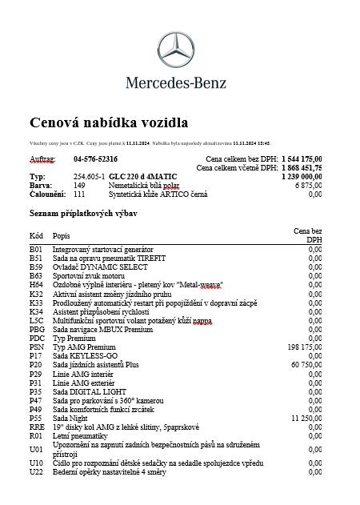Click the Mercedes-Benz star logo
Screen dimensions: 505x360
click(x=176, y=50)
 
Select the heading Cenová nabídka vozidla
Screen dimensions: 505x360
click(x=109, y=122)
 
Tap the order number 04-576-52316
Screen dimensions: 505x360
click(x=95, y=159)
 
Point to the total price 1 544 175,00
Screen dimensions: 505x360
click(x=302, y=159)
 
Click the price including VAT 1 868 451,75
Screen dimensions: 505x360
click(x=302, y=168)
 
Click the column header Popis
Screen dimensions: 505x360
click(x=61, y=236)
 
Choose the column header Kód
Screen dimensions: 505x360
click(x=36, y=236)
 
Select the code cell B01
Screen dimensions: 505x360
click(x=36, y=250)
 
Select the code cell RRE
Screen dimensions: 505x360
click(x=37, y=427)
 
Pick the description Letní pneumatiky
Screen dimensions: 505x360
click(x=80, y=435)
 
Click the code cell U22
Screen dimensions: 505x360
click(x=37, y=471)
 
